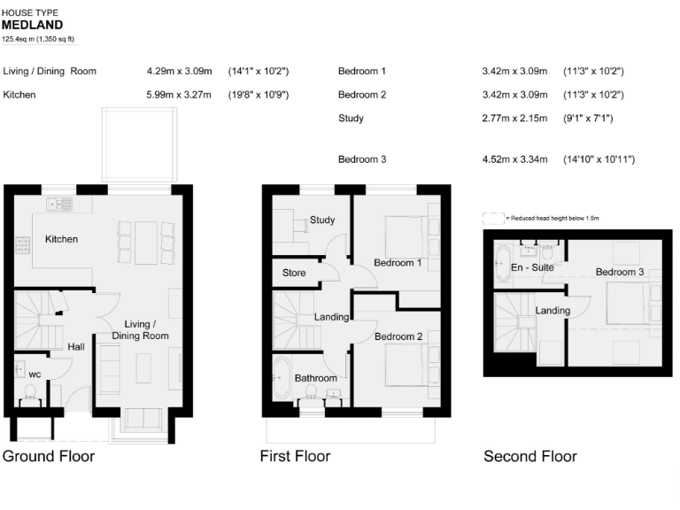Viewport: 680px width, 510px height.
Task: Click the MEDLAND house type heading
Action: [x=33, y=26]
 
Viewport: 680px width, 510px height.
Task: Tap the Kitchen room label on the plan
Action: [x=62, y=239]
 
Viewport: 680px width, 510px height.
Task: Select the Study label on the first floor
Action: [x=322, y=220]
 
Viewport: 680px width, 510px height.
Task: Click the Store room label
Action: [x=294, y=273]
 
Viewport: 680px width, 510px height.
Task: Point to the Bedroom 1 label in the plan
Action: [x=398, y=263]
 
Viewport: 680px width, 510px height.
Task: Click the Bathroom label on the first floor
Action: [x=316, y=378]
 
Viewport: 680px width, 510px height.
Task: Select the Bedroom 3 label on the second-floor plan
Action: [x=620, y=272]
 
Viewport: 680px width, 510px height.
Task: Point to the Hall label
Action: [x=76, y=346]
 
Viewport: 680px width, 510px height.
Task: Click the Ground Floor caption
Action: [x=49, y=457]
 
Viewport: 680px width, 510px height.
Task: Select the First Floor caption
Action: [x=295, y=457]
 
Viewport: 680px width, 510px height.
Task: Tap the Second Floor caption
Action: [x=530, y=457]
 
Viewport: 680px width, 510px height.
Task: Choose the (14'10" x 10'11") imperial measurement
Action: [x=599, y=159]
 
